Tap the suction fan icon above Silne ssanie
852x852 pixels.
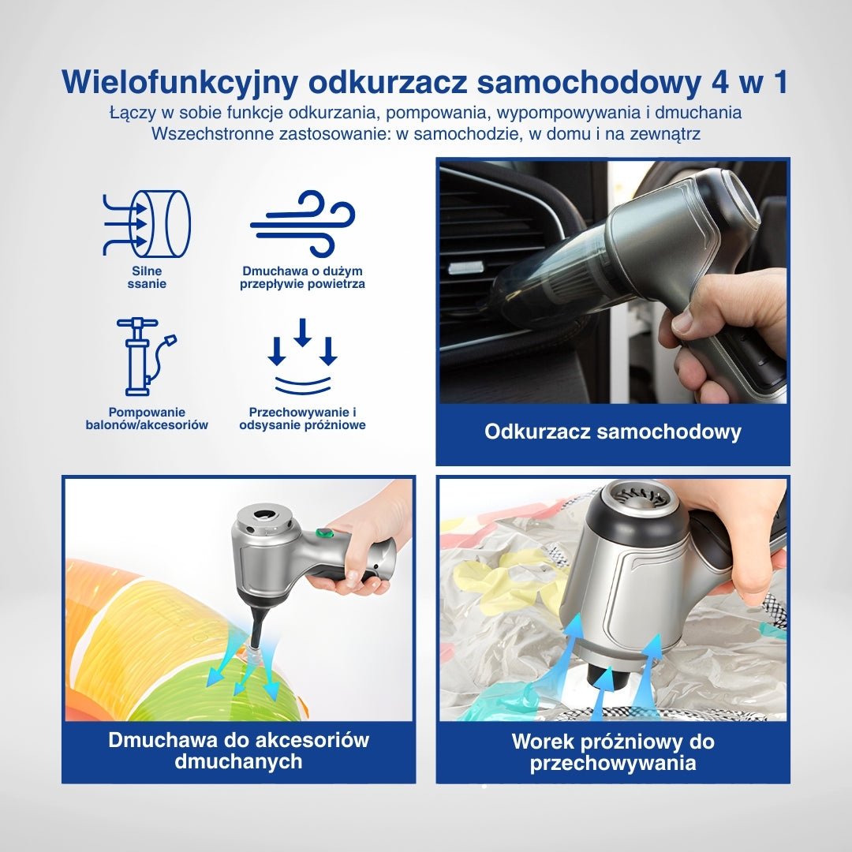point(147,224)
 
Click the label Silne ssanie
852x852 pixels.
point(147,278)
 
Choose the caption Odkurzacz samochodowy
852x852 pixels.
point(612,432)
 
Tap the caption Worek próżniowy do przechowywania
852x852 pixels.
point(612,753)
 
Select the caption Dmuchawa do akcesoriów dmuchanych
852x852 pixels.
point(238,750)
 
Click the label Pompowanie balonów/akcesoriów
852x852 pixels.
point(147,418)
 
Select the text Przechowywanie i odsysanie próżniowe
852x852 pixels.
point(302,418)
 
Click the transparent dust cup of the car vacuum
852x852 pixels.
point(552,268)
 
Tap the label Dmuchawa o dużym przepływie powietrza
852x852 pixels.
point(302,278)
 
